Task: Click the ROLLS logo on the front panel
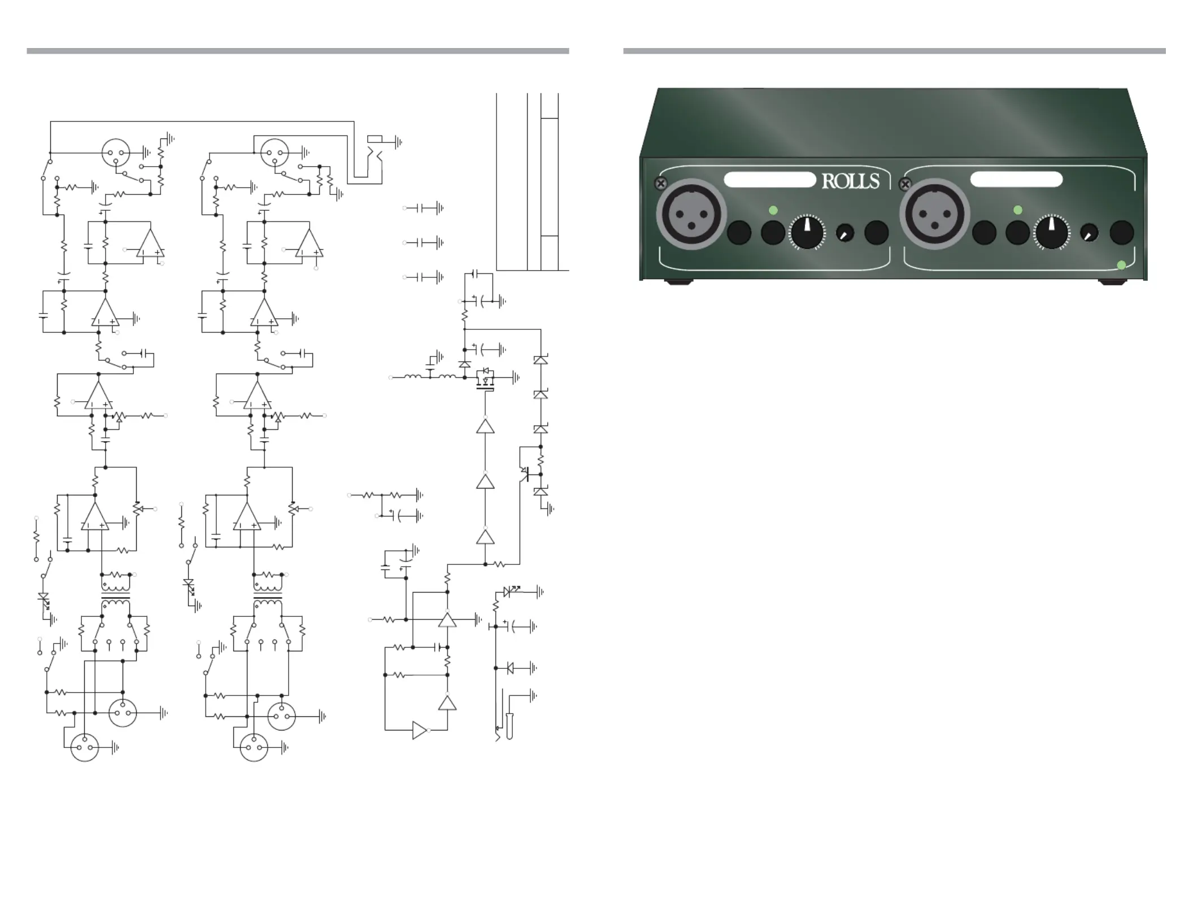pos(851,181)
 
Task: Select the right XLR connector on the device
pos(934,215)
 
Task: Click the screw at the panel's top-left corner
pos(660,184)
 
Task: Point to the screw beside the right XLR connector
pos(905,184)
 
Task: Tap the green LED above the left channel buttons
pos(773,210)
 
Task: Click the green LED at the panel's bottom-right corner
pos(1122,265)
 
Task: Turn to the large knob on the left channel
pos(808,232)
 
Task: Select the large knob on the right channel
pos(1052,232)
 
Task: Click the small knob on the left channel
pos(844,233)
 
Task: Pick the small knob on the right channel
pos(1089,233)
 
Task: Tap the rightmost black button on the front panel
pos(1122,232)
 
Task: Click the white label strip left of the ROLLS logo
pos(770,180)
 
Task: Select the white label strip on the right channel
pos(1016,180)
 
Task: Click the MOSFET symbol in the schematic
pos(485,379)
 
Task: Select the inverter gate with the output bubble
pos(422,730)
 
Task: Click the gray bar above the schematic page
pos(298,51)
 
